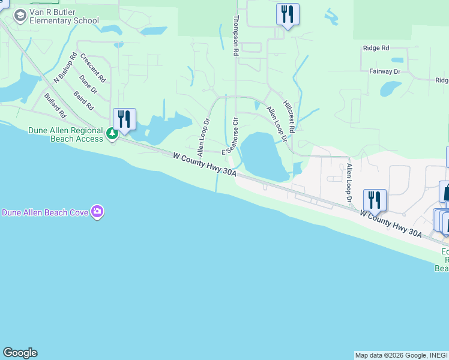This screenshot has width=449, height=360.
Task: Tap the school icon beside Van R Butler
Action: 20,15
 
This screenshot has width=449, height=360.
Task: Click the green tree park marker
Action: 112,133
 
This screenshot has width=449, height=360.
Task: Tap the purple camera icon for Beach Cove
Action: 97,211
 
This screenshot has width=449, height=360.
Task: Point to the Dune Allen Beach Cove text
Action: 45,212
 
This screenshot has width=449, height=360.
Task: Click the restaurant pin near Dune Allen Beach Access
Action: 124,119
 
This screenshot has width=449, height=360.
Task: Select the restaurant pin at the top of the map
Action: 288,14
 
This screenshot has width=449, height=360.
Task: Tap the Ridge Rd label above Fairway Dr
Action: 376,48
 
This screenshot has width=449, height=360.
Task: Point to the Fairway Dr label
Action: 385,71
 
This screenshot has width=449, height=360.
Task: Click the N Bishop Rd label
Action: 66,67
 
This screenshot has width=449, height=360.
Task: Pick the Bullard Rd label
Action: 55,105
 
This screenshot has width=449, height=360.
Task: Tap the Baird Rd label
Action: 84,100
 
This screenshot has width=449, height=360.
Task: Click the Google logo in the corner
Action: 20,353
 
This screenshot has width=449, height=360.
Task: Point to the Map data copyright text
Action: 400,355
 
